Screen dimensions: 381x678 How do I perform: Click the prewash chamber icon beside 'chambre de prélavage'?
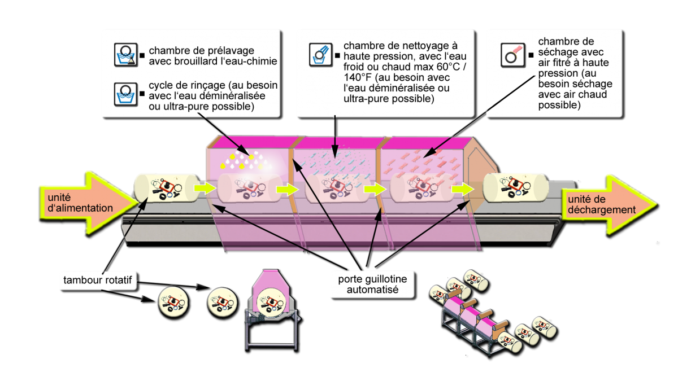coord(125,55)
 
